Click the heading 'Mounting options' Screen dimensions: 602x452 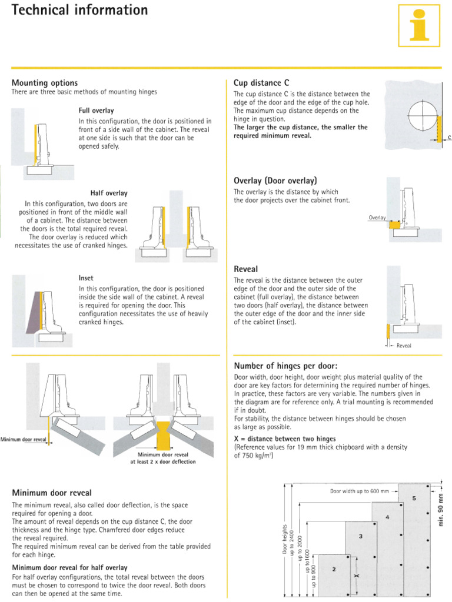pos(45,83)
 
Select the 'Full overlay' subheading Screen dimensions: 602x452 pos(96,111)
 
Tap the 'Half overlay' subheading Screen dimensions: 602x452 pos(109,193)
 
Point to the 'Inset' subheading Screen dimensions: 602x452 pos(86,277)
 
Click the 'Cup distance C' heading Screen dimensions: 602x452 pos(261,83)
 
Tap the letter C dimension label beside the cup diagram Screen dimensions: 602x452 pos(449,138)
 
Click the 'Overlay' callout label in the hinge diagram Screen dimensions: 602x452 pos(377,218)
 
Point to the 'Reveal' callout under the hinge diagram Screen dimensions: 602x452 pos(404,346)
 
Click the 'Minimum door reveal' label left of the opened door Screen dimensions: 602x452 pos(23,439)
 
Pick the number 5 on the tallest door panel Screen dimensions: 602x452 pos(414,498)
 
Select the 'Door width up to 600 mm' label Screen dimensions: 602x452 pos(359,490)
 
